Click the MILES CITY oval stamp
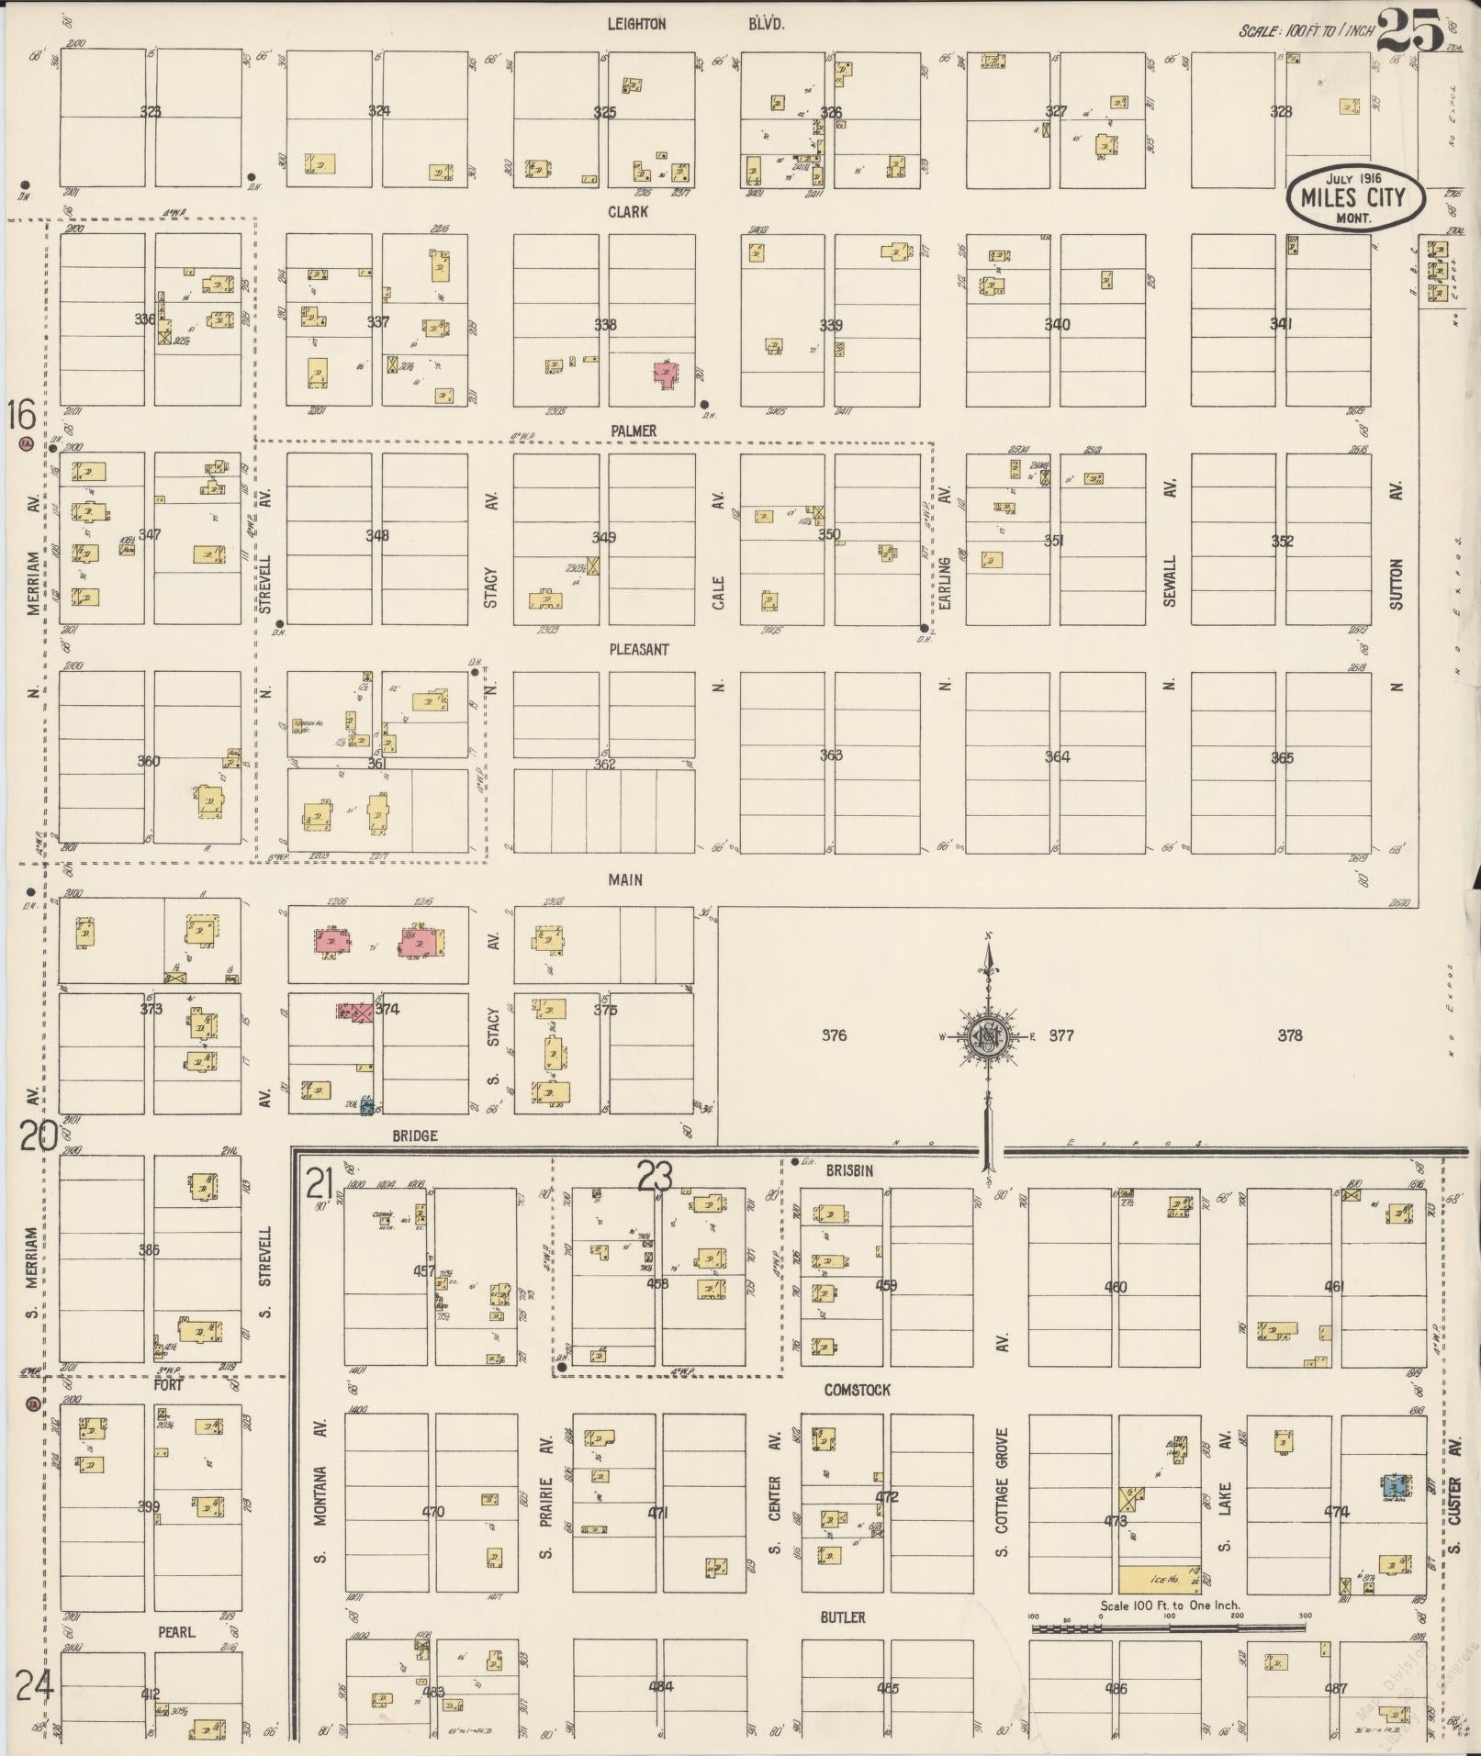[x=1353, y=197]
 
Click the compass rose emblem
[x=989, y=1036]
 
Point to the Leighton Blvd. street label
[x=695, y=25]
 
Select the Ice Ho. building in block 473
[x=1159, y=1578]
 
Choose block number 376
[x=833, y=1035]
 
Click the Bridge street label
[x=414, y=1135]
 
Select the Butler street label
[x=842, y=1617]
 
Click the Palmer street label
[x=634, y=431]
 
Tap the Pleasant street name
[x=639, y=649]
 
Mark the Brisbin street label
[x=848, y=1170]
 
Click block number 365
[x=1282, y=758]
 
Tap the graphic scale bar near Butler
[x=1168, y=1627]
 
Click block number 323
[x=151, y=112]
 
